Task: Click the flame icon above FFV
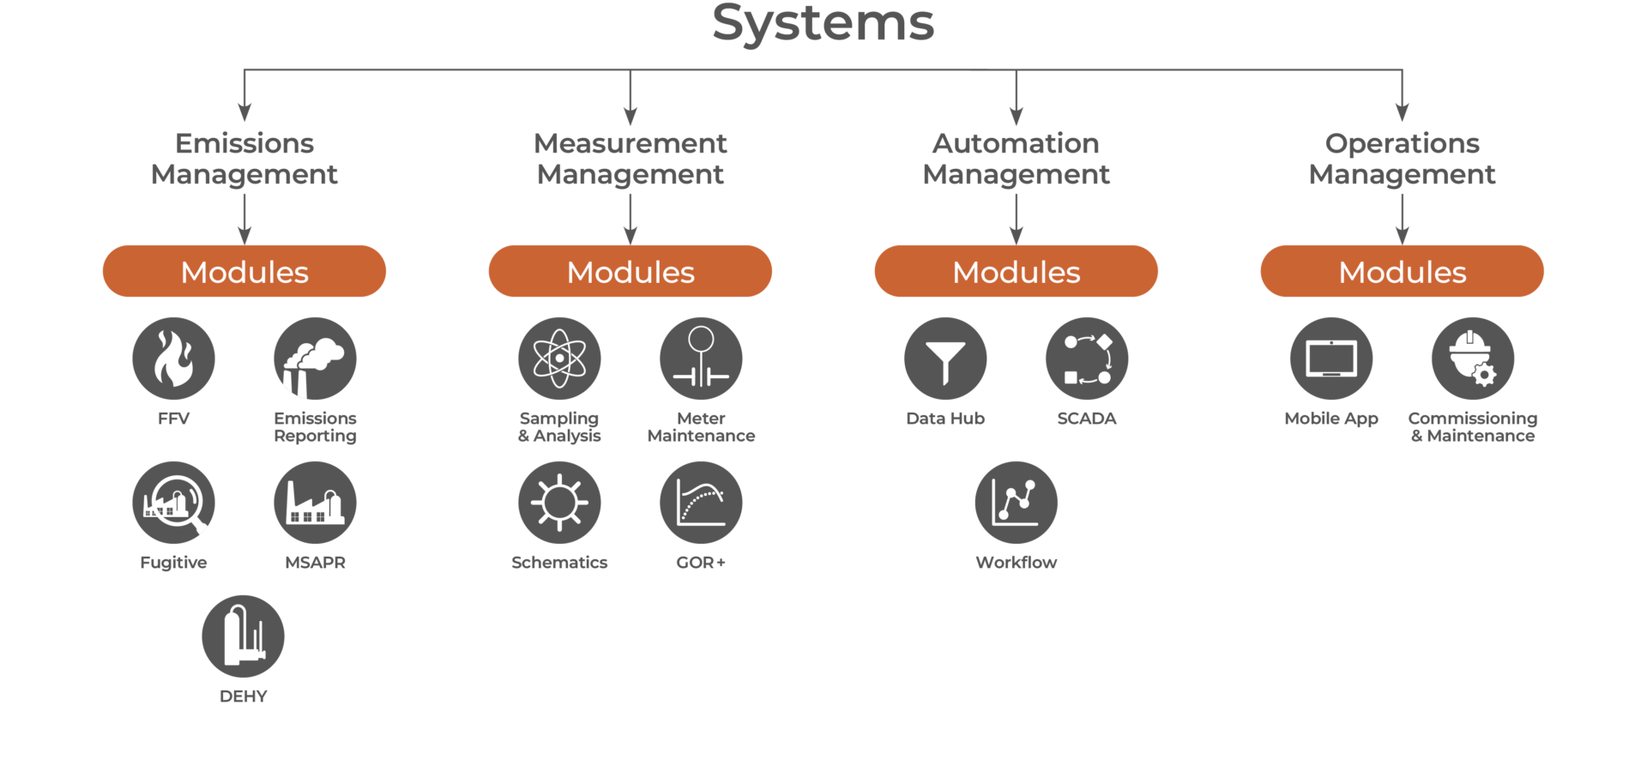coord(173,359)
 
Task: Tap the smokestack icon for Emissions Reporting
coord(315,359)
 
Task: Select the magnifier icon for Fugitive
coord(173,503)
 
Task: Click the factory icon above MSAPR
coord(315,503)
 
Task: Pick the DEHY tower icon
coord(243,636)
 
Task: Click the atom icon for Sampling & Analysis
coord(559,359)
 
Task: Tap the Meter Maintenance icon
coord(701,359)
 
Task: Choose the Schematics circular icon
coord(559,503)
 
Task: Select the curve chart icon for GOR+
coord(701,503)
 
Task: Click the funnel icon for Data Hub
coord(945,359)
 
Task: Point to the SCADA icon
coord(1087,359)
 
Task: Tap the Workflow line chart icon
coord(1017,503)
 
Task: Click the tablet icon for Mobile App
coord(1331,359)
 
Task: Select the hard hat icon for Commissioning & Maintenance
coord(1473,359)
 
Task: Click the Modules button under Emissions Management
coord(244,271)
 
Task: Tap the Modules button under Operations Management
coord(1403,271)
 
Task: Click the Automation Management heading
coord(1017,159)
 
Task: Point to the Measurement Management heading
coord(630,159)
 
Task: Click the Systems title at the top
coord(823,23)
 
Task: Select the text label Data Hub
coord(945,419)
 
